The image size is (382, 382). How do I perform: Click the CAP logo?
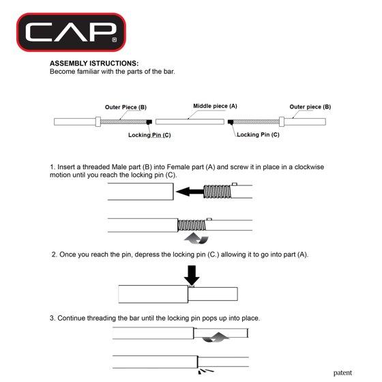tap(71, 32)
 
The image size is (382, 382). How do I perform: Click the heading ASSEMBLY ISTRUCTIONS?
tap(94, 63)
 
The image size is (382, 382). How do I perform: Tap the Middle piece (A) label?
tap(215, 106)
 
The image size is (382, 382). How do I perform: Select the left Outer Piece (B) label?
tap(126, 107)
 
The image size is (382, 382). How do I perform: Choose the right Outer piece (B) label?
tap(310, 106)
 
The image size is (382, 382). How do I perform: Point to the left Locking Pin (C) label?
tap(149, 135)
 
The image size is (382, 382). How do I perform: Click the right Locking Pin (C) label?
tap(258, 134)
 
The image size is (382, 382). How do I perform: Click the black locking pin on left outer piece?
tap(149, 122)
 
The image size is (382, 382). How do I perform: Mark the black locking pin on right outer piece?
tap(231, 122)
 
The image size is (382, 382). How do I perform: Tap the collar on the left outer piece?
tap(98, 122)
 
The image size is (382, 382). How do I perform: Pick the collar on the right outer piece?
tap(282, 122)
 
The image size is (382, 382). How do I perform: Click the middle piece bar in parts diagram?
tap(190, 121)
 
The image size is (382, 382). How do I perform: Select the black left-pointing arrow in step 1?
tap(190, 192)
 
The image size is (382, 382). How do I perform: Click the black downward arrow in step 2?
tap(192, 276)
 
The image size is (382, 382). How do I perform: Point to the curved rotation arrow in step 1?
tap(196, 238)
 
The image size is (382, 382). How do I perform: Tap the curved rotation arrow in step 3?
tap(216, 337)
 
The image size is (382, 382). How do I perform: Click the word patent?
tap(342, 372)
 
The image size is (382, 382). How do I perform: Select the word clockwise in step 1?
tap(309, 167)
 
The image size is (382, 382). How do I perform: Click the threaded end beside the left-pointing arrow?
tap(218, 192)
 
